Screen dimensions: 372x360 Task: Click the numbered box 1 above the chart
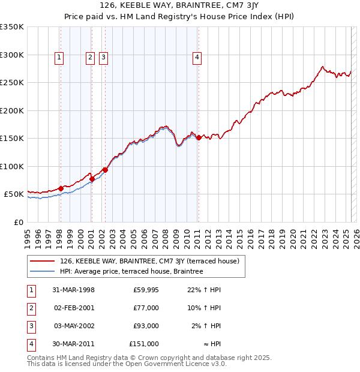tap(60, 58)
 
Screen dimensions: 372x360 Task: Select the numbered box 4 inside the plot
tap(197, 58)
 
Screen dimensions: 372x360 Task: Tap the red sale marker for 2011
tap(199, 138)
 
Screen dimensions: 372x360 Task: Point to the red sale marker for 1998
tap(61, 188)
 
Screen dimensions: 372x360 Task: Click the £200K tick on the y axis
tap(12, 110)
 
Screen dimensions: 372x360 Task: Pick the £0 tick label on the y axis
tap(18, 222)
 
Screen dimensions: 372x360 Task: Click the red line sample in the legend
tap(42, 261)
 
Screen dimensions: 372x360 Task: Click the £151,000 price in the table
tap(144, 344)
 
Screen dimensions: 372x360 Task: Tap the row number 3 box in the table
tap(31, 326)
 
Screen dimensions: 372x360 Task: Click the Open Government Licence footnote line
tap(127, 364)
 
